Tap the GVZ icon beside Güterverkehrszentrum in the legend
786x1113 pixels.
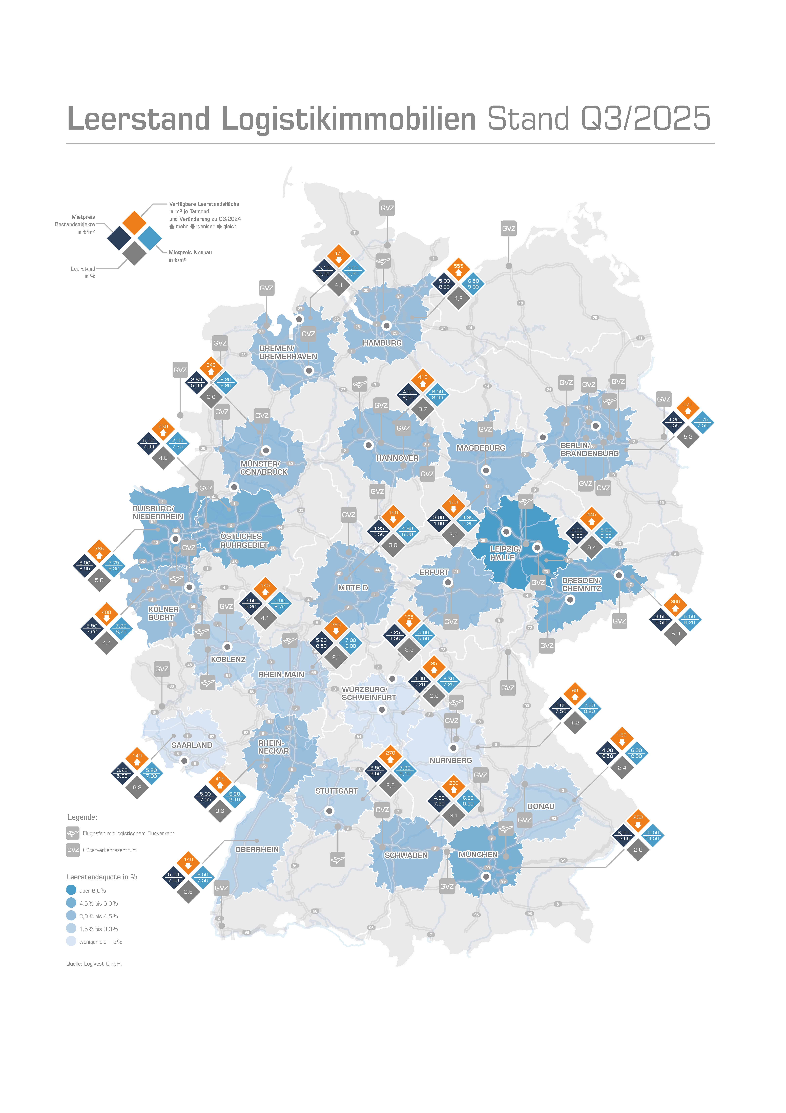(73, 850)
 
